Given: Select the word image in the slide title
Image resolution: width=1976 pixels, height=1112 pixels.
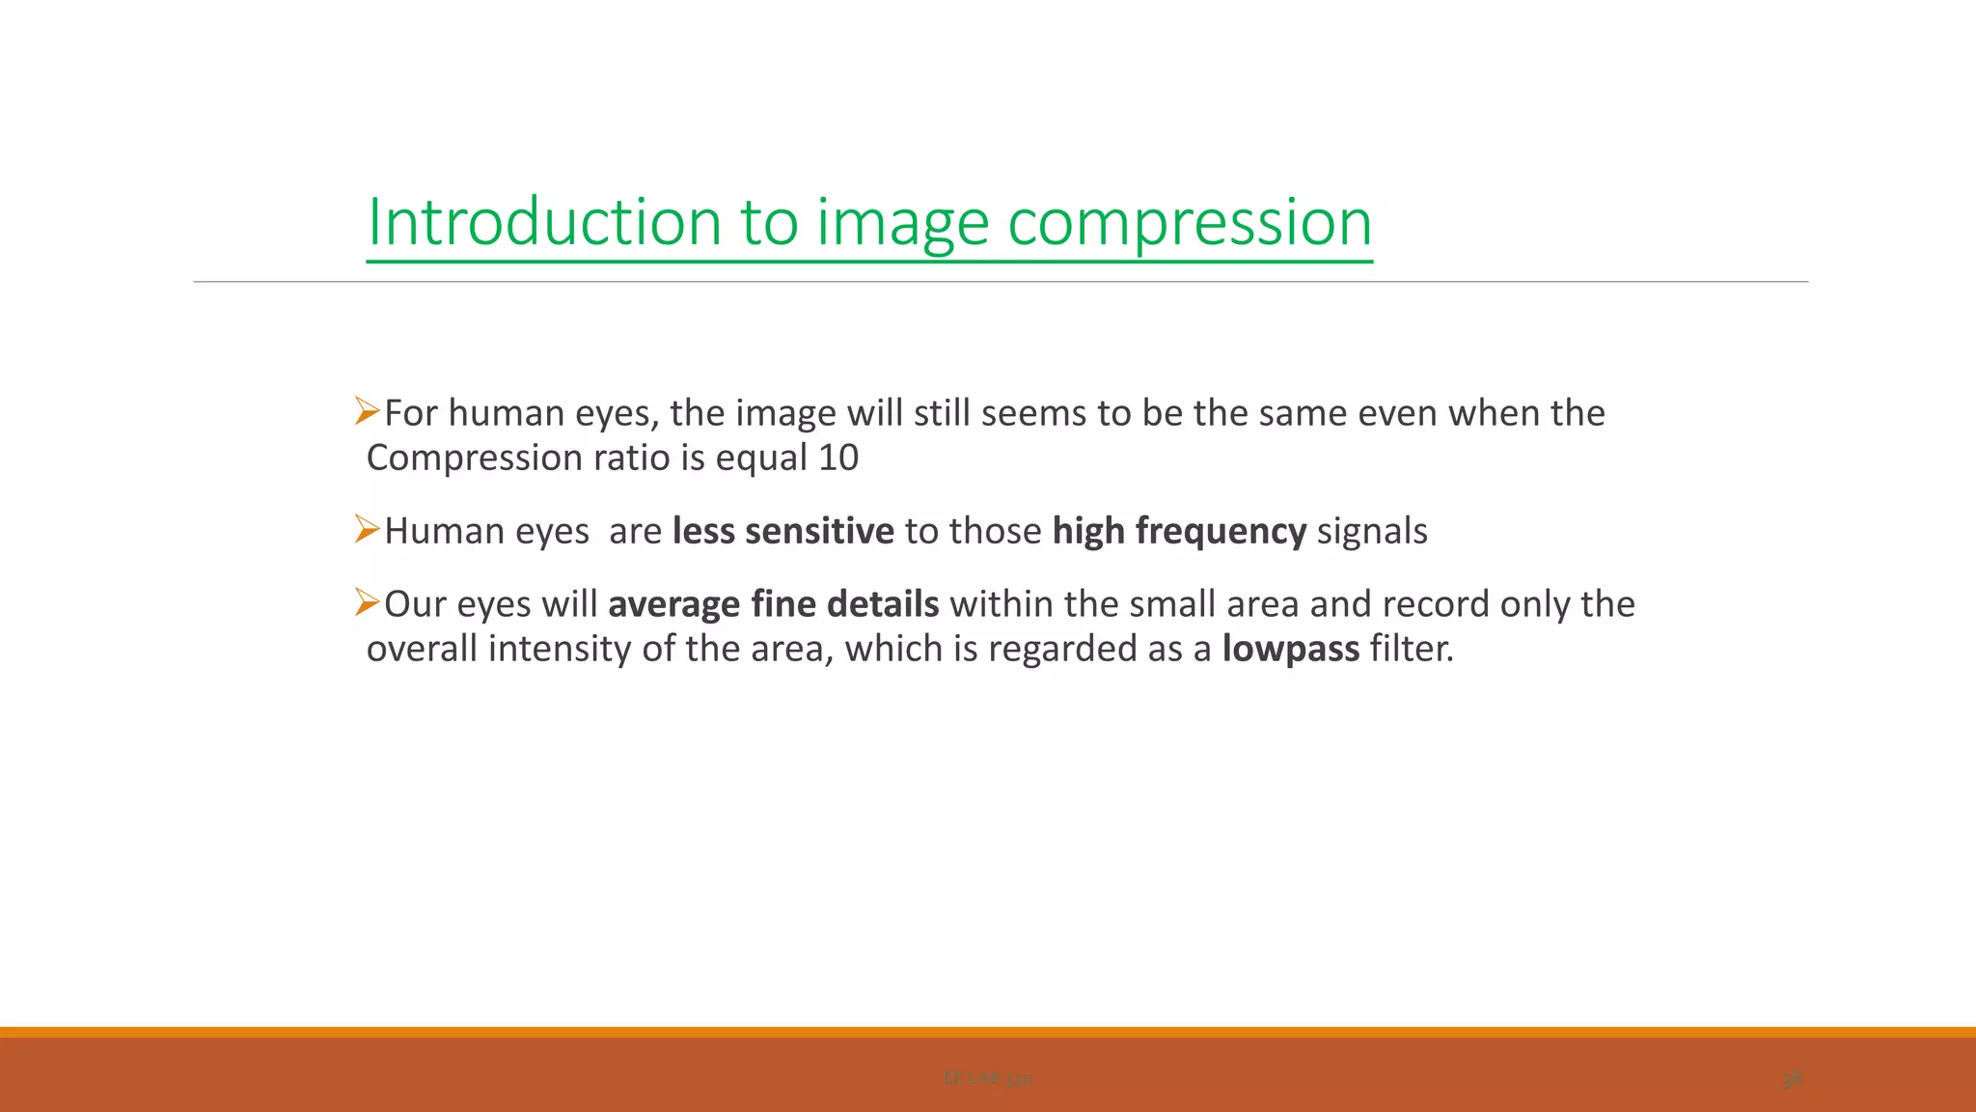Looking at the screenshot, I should pyautogui.click(x=903, y=224).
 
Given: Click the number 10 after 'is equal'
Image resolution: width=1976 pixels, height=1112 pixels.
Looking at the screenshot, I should pyautogui.click(x=837, y=458).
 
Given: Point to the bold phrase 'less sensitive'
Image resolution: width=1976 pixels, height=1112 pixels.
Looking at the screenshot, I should pyautogui.click(x=782, y=531).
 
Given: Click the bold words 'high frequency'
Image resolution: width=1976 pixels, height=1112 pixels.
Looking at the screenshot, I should pyautogui.click(x=1179, y=531).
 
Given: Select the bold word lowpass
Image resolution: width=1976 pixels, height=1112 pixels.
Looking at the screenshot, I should pyautogui.click(x=1290, y=649).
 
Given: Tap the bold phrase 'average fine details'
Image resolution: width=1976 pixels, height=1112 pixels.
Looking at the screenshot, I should pyautogui.click(x=773, y=604).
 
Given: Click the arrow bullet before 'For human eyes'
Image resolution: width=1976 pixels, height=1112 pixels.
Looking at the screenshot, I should pyautogui.click(x=367, y=411).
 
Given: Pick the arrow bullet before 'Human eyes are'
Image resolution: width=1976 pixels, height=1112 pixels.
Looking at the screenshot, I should pyautogui.click(x=367, y=529).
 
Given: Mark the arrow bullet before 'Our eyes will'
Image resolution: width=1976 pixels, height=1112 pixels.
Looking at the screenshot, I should pyautogui.click(x=367, y=602).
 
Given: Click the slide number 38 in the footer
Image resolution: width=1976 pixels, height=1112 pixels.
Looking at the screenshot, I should pyautogui.click(x=1792, y=1079).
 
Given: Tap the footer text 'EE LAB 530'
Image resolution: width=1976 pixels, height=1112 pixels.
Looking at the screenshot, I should pyautogui.click(x=988, y=1078).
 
